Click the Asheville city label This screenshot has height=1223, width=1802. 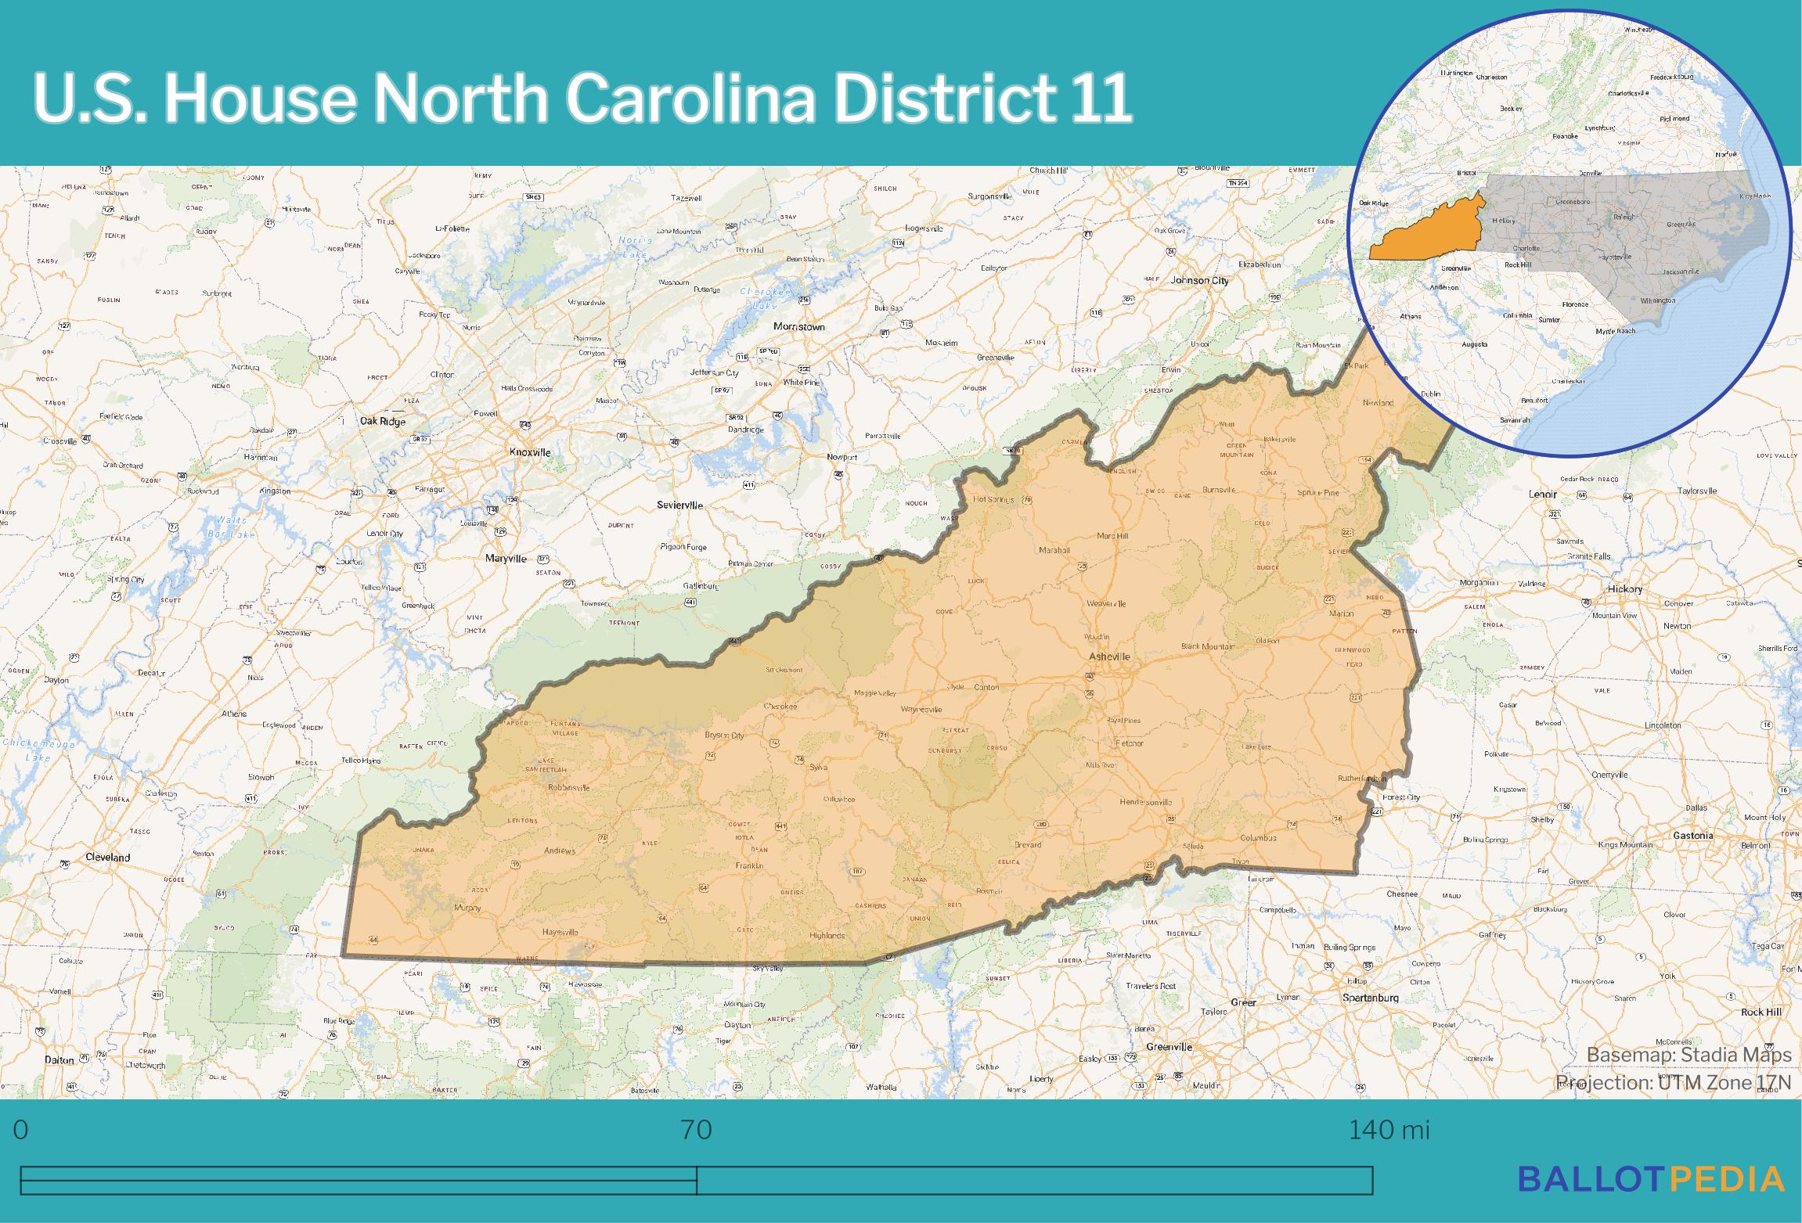[x=1109, y=656]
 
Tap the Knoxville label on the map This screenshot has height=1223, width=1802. [x=530, y=452]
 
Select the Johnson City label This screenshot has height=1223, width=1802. [x=1199, y=280]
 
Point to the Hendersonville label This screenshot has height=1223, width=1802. [x=1146, y=802]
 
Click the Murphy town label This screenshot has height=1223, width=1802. [x=467, y=908]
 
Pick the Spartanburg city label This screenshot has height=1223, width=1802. [x=1370, y=998]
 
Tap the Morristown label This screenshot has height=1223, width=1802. [x=798, y=326]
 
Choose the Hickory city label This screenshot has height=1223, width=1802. [x=1625, y=588]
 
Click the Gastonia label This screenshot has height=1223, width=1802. [x=1692, y=835]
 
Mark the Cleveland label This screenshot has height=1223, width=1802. [x=108, y=857]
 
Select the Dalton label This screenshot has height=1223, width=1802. [x=59, y=1059]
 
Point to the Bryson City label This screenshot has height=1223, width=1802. [x=724, y=735]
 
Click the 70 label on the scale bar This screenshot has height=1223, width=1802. [x=696, y=1130]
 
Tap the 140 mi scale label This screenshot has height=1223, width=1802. [x=1388, y=1130]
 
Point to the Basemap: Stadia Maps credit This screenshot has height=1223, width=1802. [x=1688, y=1055]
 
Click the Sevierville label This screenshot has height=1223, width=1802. [x=679, y=505]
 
